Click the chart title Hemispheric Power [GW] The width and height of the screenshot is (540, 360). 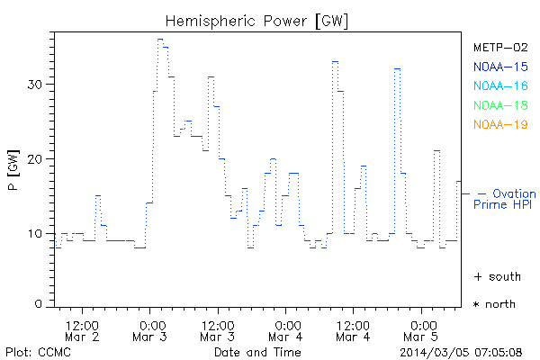257,20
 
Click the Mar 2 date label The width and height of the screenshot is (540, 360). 83,337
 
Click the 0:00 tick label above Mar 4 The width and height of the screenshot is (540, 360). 287,323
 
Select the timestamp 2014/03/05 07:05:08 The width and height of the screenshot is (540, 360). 462,351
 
